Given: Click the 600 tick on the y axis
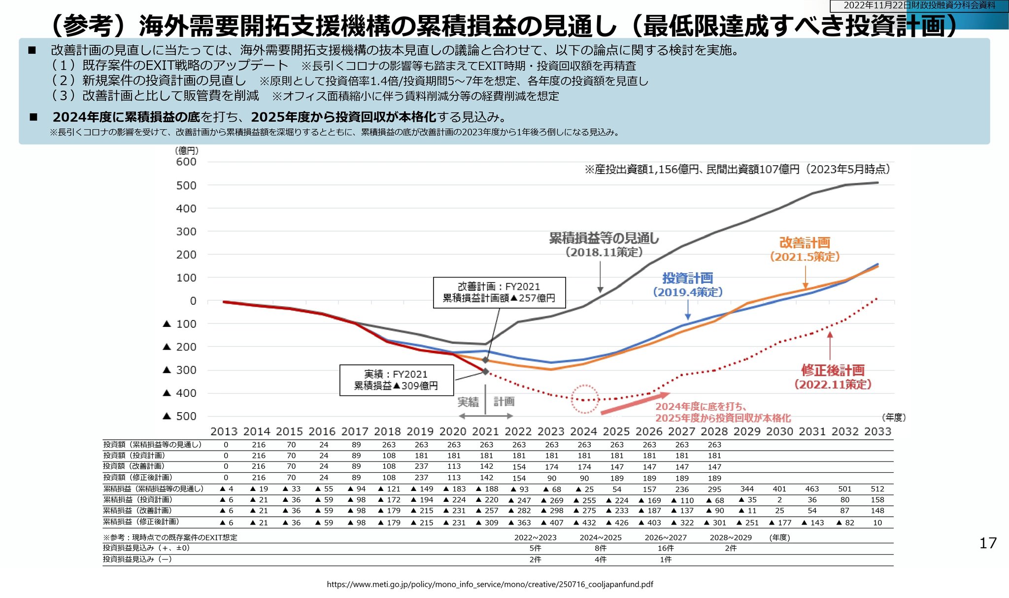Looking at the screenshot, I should pyautogui.click(x=186, y=162).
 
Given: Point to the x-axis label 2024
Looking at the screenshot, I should pyautogui.click(x=584, y=432).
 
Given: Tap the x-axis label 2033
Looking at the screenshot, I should pyautogui.click(x=878, y=432).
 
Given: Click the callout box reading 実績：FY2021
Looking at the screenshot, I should pyautogui.click(x=396, y=380).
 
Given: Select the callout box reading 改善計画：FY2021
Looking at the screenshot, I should pyautogui.click(x=499, y=292).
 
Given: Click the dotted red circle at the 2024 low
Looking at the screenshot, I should pyautogui.click(x=585, y=399).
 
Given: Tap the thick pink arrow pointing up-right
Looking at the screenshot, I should pyautogui.click(x=635, y=403).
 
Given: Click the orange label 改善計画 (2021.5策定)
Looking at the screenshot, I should pyautogui.click(x=805, y=249).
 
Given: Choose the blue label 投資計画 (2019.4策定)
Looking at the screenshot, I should pyautogui.click(x=688, y=285).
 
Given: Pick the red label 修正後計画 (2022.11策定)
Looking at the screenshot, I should pyautogui.click(x=833, y=377).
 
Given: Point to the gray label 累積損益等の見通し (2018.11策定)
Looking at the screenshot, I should pyautogui.click(x=604, y=245).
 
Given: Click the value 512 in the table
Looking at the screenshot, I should pyautogui.click(x=877, y=489).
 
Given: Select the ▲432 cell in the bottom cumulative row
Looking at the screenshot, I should pyautogui.click(x=585, y=523).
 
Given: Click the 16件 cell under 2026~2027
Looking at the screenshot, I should pyautogui.click(x=666, y=548).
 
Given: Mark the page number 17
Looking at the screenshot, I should pyautogui.click(x=987, y=543).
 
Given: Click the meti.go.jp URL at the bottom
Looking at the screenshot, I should pyautogui.click(x=490, y=584).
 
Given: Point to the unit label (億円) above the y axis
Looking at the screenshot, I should pyautogui.click(x=187, y=150).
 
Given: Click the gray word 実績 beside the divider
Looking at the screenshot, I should pyautogui.click(x=468, y=402).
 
